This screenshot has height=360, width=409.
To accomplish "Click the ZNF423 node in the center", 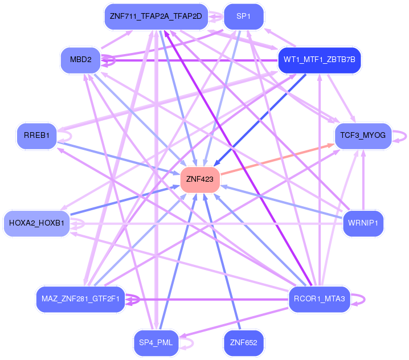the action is click(200, 179).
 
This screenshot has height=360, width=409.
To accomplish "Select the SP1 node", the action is click(244, 17).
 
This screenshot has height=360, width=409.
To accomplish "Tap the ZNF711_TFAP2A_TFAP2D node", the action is click(156, 17).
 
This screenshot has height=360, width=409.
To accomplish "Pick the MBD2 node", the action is click(80, 60).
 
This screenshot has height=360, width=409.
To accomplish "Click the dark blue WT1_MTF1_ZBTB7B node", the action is click(320, 60).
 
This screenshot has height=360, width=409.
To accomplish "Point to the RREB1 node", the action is click(36, 136).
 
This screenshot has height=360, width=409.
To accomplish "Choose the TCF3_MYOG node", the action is click(363, 136).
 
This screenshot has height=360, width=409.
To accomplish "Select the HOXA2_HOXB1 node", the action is click(37, 223).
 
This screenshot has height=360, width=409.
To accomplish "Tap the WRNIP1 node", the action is click(363, 223).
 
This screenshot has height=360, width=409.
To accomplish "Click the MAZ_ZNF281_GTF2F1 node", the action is click(80, 299).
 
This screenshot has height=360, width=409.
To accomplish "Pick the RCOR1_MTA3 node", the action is click(320, 299).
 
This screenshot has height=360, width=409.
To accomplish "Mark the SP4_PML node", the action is click(156, 343).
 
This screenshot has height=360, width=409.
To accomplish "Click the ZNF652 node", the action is click(244, 343).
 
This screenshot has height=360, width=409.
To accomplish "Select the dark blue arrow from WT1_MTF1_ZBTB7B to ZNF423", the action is click(260, 120).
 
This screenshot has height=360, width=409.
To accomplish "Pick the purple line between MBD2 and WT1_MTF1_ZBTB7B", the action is click(189, 60).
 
